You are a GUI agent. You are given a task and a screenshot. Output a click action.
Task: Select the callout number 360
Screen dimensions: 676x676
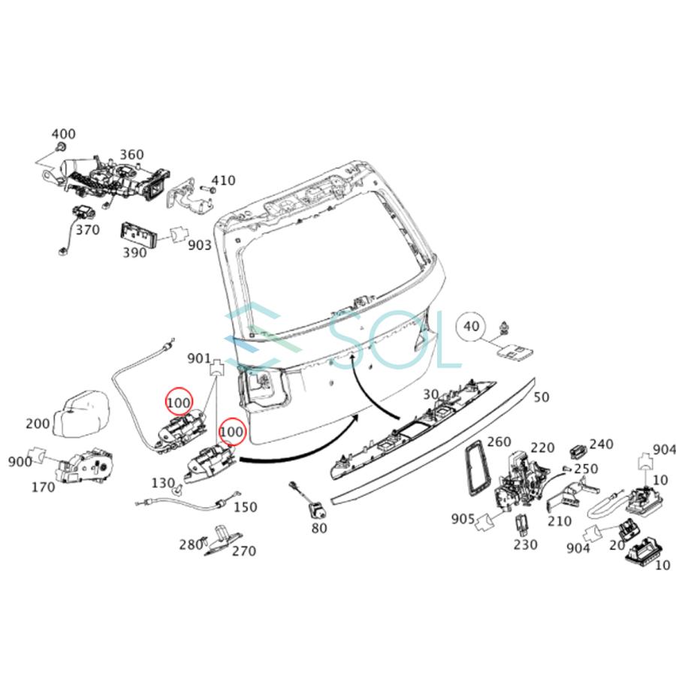131,155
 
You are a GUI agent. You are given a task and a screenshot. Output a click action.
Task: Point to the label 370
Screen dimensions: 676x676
87,230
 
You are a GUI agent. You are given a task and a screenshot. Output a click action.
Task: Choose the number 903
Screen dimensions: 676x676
198,245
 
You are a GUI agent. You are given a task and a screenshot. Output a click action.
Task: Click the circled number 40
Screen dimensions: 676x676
471,327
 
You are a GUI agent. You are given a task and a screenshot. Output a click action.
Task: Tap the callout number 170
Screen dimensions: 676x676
43,487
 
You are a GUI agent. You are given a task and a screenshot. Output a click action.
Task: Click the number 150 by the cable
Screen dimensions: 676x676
245,507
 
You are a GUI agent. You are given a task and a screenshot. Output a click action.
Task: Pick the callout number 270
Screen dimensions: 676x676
243,551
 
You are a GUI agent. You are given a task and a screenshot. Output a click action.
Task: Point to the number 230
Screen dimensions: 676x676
526,545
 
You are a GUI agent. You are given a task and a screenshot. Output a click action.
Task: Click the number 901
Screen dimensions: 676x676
199,360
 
